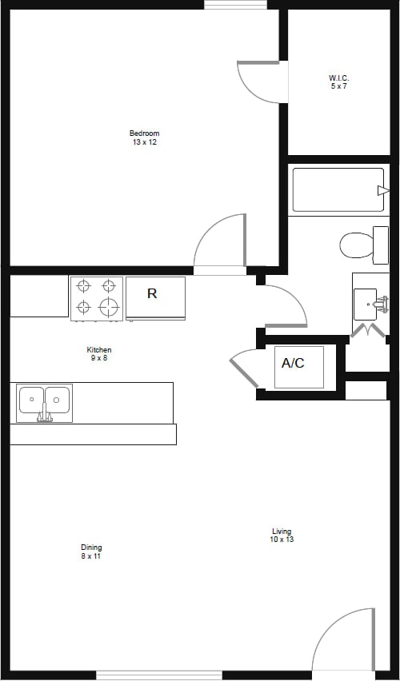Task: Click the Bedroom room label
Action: click(144, 133)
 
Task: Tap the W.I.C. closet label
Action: click(339, 78)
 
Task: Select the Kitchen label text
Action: click(99, 350)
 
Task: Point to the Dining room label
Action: click(91, 548)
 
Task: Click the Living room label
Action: click(282, 532)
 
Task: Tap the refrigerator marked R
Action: click(155, 297)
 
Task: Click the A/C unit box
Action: click(298, 366)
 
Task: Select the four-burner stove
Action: click(96, 297)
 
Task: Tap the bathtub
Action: click(338, 189)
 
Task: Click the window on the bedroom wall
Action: click(235, 5)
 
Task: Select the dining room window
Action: click(159, 675)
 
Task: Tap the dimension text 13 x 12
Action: click(144, 142)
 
